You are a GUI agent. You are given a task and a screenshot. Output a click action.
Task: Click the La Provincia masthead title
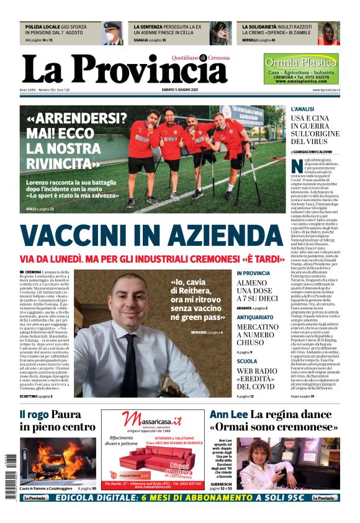(124, 70)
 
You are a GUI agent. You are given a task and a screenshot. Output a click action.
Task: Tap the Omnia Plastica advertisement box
(301, 68)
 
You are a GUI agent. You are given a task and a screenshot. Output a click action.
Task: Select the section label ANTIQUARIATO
(254, 317)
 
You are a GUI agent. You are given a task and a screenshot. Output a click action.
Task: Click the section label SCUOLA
(246, 361)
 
